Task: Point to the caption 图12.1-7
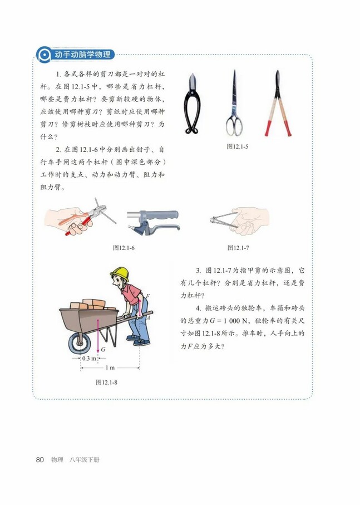click(x=238, y=247)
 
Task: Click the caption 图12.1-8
click(x=107, y=383)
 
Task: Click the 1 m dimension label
click(x=110, y=368)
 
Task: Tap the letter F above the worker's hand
click(x=147, y=296)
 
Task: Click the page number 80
click(x=40, y=460)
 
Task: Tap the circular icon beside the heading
click(x=42, y=55)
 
